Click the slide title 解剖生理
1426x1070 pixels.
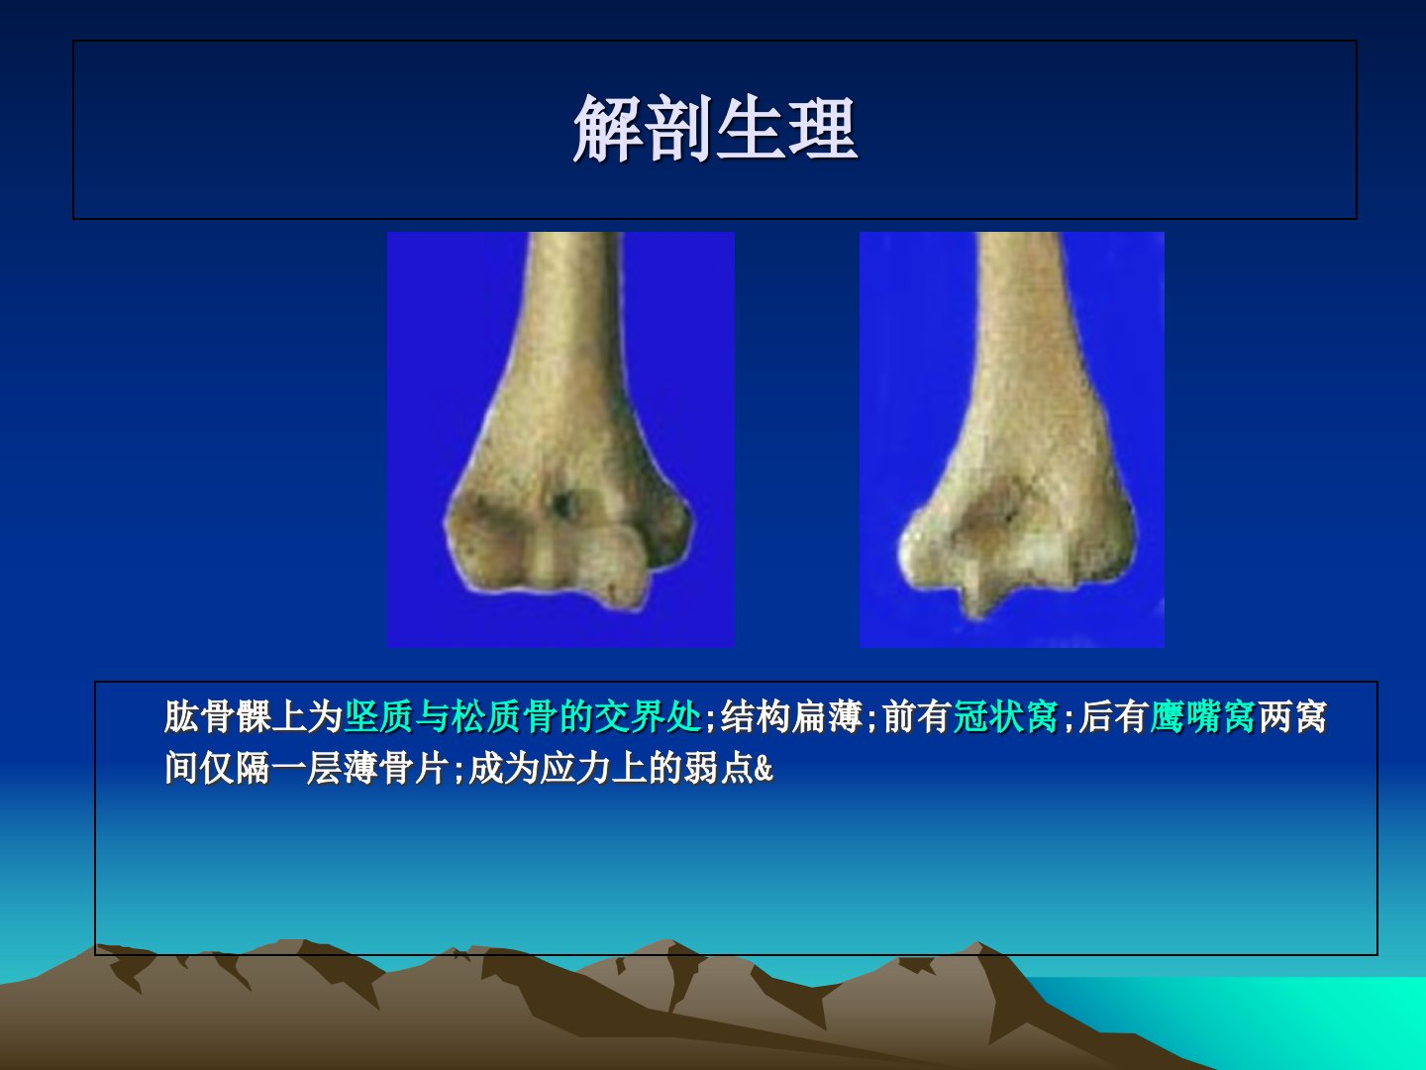click(x=715, y=128)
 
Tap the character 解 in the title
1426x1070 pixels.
click(x=608, y=128)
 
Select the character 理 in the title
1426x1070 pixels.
click(x=823, y=128)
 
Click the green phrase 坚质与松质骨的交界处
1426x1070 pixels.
click(x=523, y=717)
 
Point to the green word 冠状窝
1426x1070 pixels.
click(x=1006, y=717)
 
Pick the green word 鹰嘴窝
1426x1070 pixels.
click(x=1202, y=717)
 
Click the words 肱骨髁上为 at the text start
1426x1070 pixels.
click(x=255, y=717)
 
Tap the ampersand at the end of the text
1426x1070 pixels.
click(x=764, y=769)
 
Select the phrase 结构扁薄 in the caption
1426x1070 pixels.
click(x=791, y=717)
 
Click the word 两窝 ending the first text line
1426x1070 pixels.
click(x=1291, y=717)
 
